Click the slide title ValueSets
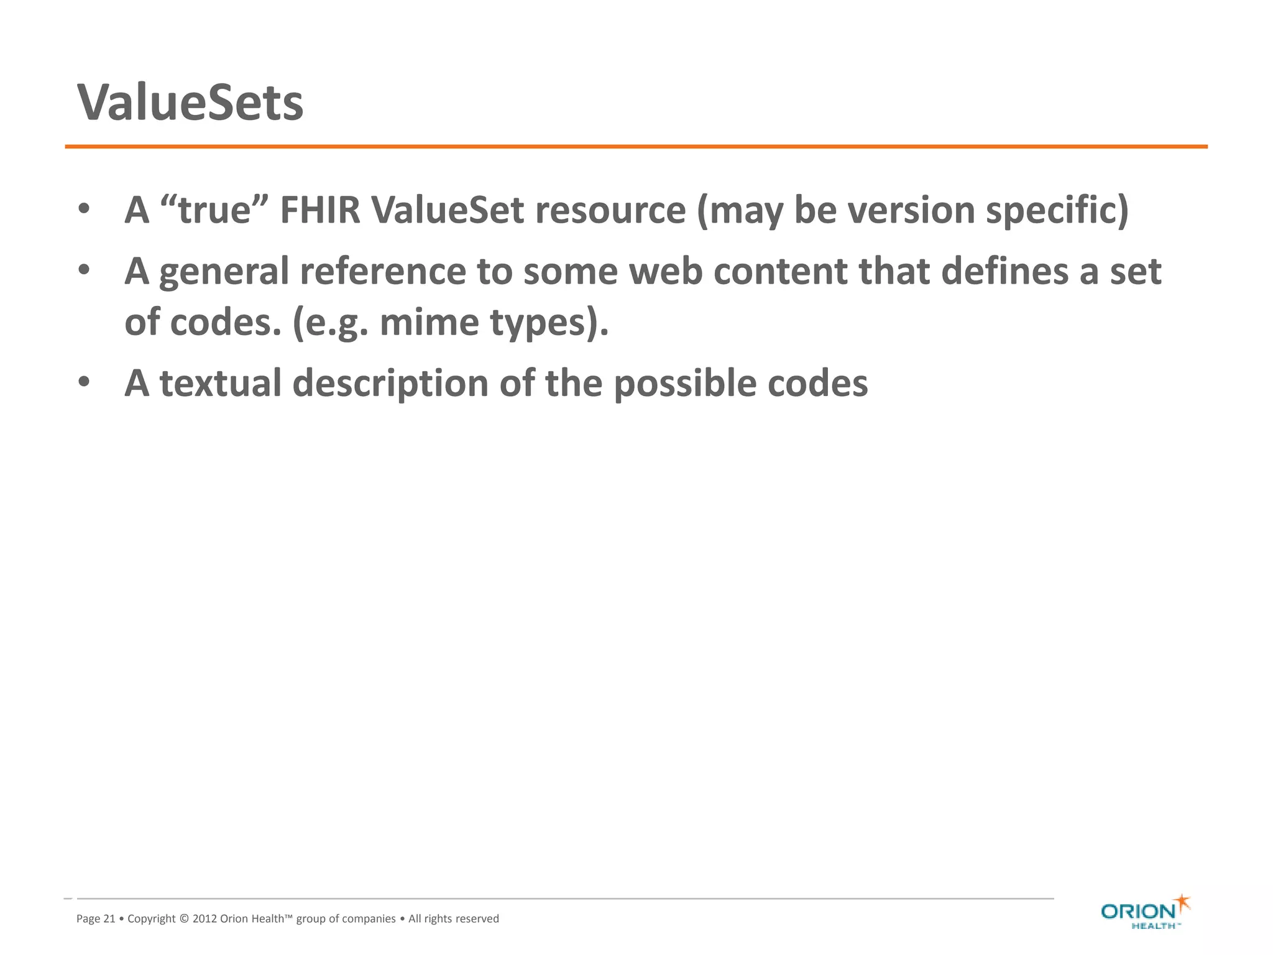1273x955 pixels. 190,103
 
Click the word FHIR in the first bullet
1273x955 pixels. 319,210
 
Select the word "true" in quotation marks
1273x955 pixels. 214,210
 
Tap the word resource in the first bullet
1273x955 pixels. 610,210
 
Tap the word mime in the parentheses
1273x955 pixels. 429,322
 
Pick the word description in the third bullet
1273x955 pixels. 390,383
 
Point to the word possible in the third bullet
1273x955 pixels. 685,383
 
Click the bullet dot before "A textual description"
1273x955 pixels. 84,382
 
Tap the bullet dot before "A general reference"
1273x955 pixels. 84,270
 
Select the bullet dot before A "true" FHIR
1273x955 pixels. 84,209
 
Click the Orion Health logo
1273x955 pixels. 1144,912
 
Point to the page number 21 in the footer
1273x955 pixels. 109,919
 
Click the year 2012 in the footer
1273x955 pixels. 205,919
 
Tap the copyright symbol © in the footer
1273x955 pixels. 184,919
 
